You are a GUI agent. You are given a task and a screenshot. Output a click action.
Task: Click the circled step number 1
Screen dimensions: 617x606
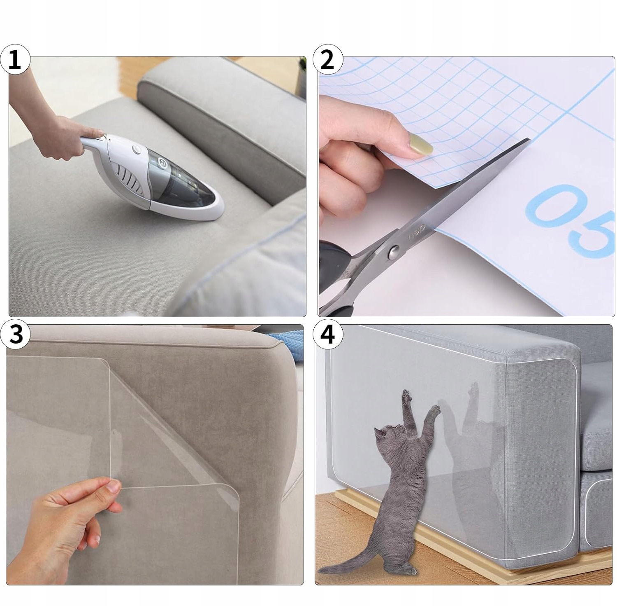(15, 60)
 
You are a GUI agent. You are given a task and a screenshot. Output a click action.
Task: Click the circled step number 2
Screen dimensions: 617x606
(328, 60)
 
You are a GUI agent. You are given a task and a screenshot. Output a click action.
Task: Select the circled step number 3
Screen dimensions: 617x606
(15, 334)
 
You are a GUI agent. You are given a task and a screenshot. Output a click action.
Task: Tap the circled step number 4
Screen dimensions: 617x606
(328, 334)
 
